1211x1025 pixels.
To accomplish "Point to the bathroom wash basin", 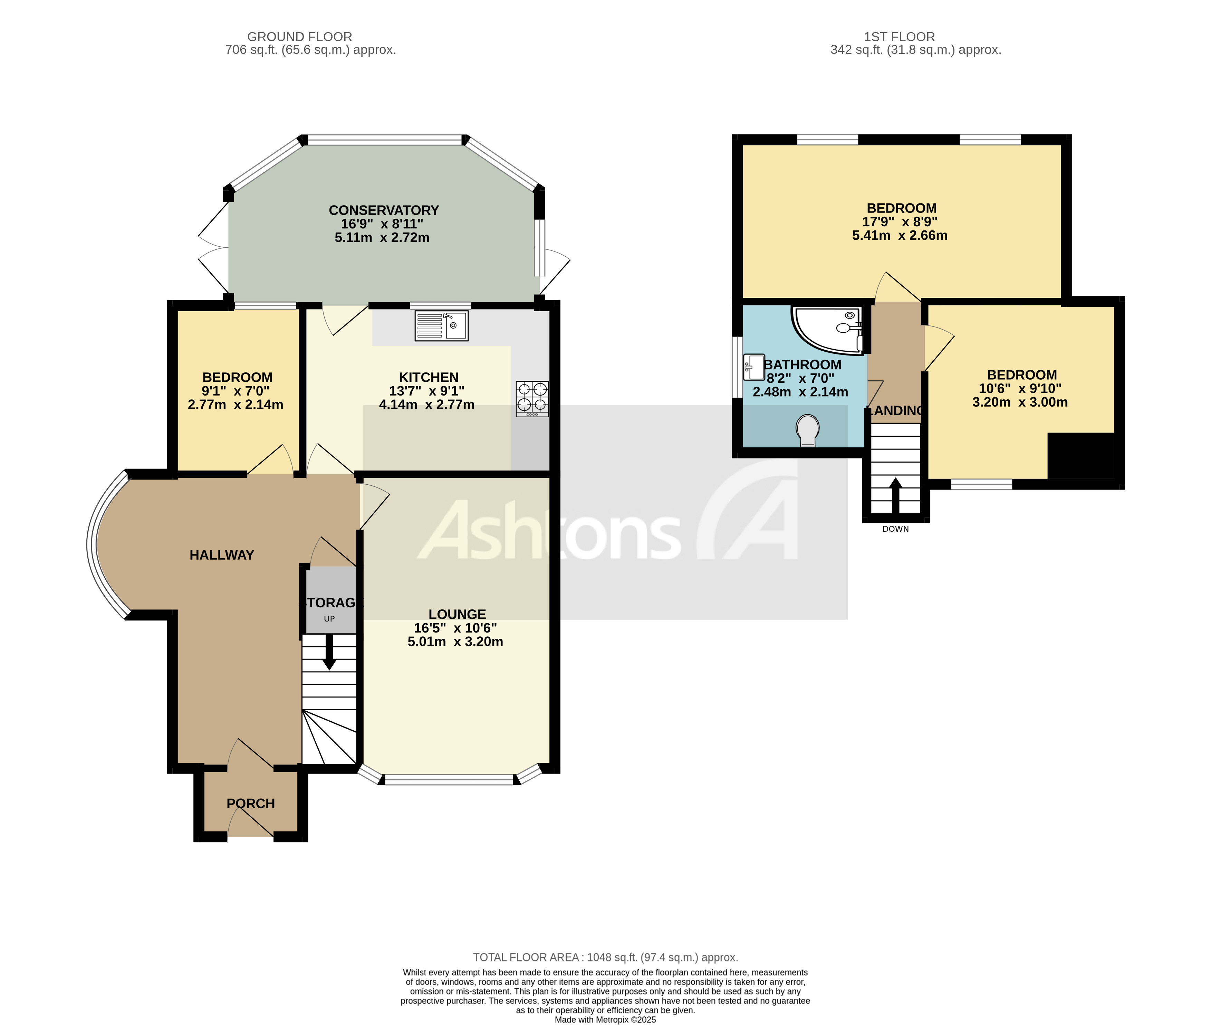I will (753, 367).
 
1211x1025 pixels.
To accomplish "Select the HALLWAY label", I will (222, 555).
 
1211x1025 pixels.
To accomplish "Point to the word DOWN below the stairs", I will (895, 529).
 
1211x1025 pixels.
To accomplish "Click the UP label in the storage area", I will (329, 619).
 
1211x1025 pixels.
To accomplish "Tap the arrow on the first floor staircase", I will (895, 494).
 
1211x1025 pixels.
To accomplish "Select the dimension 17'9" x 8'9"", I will (900, 221).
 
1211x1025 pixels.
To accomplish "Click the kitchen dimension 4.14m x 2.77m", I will (426, 405).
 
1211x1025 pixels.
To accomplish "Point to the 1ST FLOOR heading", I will (899, 37).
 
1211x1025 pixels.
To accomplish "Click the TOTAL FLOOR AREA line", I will (605, 957).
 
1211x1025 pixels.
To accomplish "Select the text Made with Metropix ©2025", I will (605, 1019).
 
